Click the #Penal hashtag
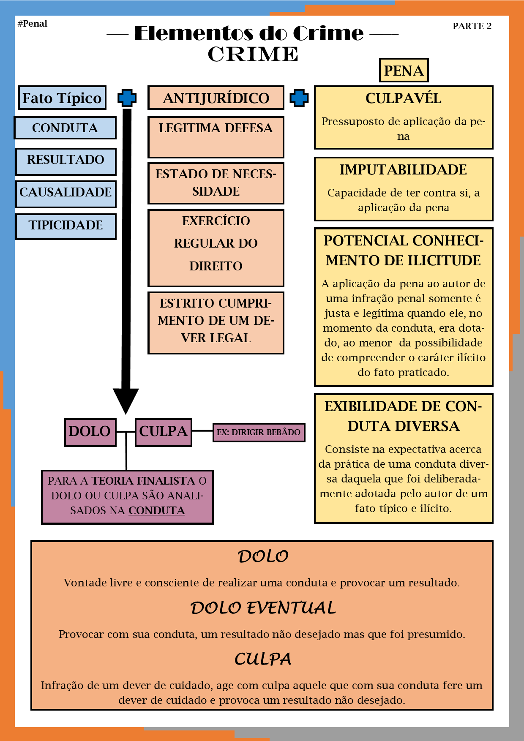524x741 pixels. pyautogui.click(x=33, y=24)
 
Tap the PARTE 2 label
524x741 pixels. pyautogui.click(x=472, y=26)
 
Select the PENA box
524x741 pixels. pyautogui.click(x=404, y=71)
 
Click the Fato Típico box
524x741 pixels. pyautogui.click(x=62, y=98)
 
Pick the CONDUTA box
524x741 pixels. pyautogui.click(x=65, y=128)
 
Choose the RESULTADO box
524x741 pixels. pyautogui.click(x=65, y=160)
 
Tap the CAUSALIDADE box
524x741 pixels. pyautogui.click(x=65, y=192)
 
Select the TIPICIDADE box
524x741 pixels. pyautogui.click(x=65, y=225)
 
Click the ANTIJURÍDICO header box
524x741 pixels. pyautogui.click(x=216, y=98)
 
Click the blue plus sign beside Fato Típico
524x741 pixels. pyautogui.click(x=127, y=98)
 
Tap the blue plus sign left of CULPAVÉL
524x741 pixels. pyautogui.click(x=299, y=98)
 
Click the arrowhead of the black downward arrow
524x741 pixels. pyautogui.click(x=126, y=400)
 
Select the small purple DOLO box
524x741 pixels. pyautogui.click(x=90, y=432)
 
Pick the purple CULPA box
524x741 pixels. pyautogui.click(x=163, y=432)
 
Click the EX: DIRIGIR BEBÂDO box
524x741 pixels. pyautogui.click(x=259, y=432)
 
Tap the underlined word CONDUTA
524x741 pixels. pyautogui.click(x=157, y=511)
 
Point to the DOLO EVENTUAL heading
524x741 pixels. pyautogui.click(x=263, y=608)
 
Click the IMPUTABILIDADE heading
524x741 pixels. pyautogui.click(x=403, y=170)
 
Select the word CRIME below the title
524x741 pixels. pyautogui.click(x=253, y=54)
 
